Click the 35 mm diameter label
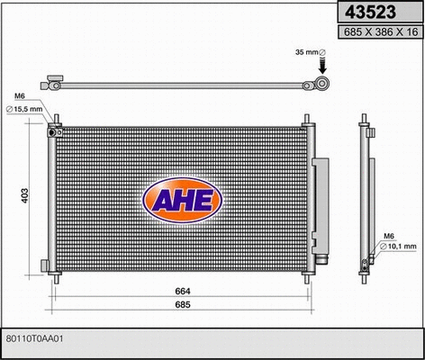tap(309, 53)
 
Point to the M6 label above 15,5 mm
tap(20, 96)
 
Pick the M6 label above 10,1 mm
tap(390, 236)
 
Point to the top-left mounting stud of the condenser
tap(57, 120)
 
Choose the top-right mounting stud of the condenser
tap(308, 120)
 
